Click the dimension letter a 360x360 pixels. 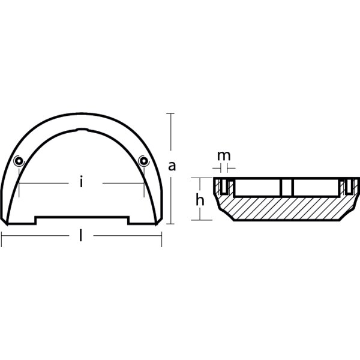[172, 167]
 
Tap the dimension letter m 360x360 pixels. [223, 156]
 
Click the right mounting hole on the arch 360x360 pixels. [143, 160]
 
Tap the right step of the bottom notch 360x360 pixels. [128, 220]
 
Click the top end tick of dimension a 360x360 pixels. [172, 113]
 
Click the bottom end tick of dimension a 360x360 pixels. [172, 225]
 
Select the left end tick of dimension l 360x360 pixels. [2, 240]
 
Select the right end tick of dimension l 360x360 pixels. [161, 240]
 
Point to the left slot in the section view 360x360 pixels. [223, 187]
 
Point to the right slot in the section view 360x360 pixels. [347, 187]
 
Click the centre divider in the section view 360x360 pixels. [286, 187]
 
